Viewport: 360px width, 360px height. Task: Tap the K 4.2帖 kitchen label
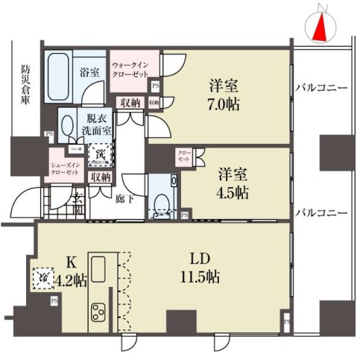coord(72,273)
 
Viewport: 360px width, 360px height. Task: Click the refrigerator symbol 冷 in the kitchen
coord(44,277)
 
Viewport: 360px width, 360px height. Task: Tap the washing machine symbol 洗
coord(98,154)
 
